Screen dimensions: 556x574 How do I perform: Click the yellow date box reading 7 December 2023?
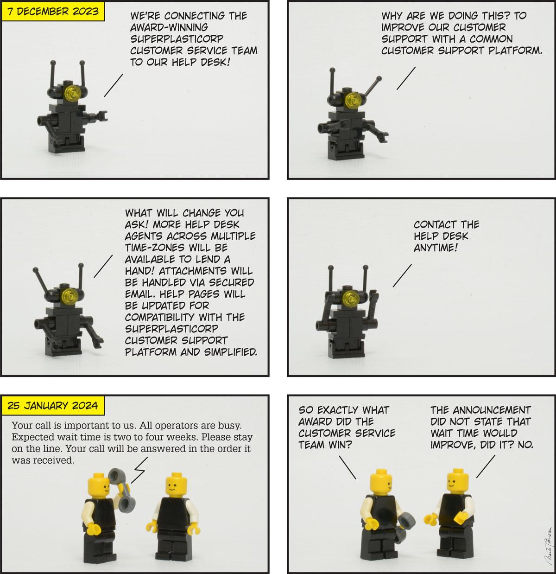(53, 12)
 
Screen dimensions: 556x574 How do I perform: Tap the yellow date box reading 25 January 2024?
(53, 406)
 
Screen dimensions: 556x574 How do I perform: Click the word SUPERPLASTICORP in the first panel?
(177, 39)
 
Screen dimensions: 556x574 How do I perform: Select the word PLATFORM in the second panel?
(515, 51)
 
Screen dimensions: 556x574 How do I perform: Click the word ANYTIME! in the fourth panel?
(436, 248)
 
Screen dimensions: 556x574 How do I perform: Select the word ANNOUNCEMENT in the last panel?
(492, 410)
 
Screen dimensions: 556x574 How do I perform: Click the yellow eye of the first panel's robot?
(72, 93)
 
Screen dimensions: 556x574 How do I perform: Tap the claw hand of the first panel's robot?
(102, 116)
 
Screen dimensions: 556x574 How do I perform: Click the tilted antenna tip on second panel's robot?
(379, 79)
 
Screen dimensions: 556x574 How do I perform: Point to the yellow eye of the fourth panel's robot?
(350, 298)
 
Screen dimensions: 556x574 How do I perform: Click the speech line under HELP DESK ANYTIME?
(402, 275)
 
